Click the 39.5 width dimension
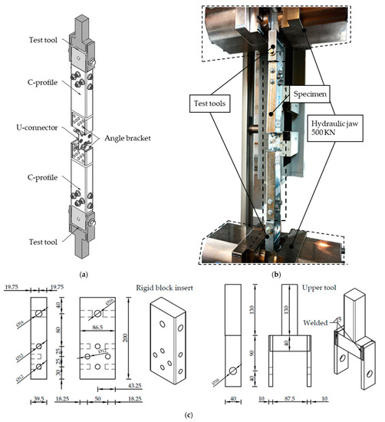(x=38, y=400)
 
